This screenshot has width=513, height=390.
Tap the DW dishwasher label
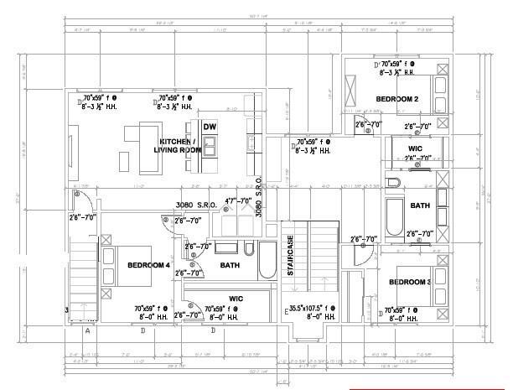(x=210, y=127)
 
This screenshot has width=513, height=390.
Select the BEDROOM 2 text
(x=396, y=100)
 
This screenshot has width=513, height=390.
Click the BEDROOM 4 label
(x=149, y=266)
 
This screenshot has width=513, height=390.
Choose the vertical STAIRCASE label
(x=291, y=257)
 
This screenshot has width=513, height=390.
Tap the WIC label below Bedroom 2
(x=415, y=148)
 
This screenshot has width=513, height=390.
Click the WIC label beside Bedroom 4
(x=236, y=298)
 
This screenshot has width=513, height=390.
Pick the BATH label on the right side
(x=420, y=205)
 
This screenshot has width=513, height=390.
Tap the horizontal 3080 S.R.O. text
(x=195, y=205)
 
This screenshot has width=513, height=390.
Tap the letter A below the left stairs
(x=87, y=330)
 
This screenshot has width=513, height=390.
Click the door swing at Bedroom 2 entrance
(x=362, y=127)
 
